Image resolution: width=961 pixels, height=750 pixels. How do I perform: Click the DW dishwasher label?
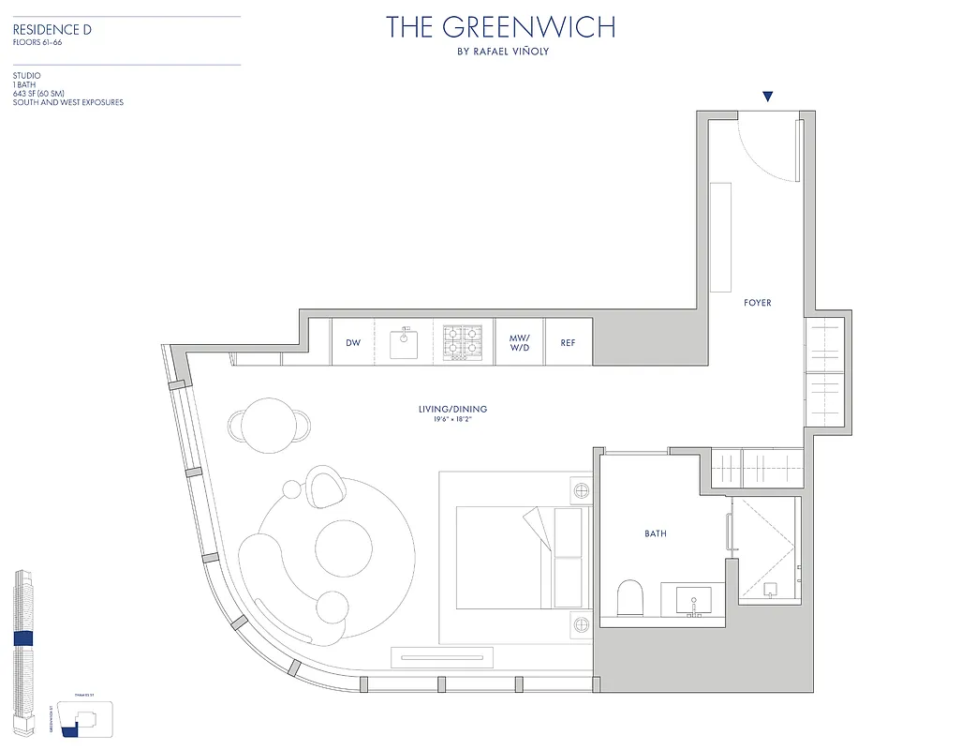pos(353,343)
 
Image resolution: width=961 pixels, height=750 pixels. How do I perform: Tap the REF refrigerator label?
pos(568,343)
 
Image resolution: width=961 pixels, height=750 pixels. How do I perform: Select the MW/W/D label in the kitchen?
pos(519,343)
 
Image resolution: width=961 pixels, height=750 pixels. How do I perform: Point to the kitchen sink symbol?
pos(405,344)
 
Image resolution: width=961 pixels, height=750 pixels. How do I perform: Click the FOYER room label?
pos(758,303)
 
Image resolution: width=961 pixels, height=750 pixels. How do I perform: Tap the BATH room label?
pos(656,533)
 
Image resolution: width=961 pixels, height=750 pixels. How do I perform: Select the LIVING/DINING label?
pos(452,409)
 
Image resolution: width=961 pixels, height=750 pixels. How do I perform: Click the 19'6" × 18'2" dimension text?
pos(452,420)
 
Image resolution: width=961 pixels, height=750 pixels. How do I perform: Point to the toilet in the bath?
pos(630,597)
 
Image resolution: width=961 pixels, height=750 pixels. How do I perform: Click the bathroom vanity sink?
pos(693,600)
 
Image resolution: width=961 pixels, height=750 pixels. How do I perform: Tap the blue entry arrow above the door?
pos(768,96)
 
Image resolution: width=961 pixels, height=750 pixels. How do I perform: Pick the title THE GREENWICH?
pos(501,27)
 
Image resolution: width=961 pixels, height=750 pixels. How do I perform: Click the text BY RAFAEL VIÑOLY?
pos(502,52)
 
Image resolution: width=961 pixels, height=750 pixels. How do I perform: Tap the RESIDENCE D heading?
pos(52,30)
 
